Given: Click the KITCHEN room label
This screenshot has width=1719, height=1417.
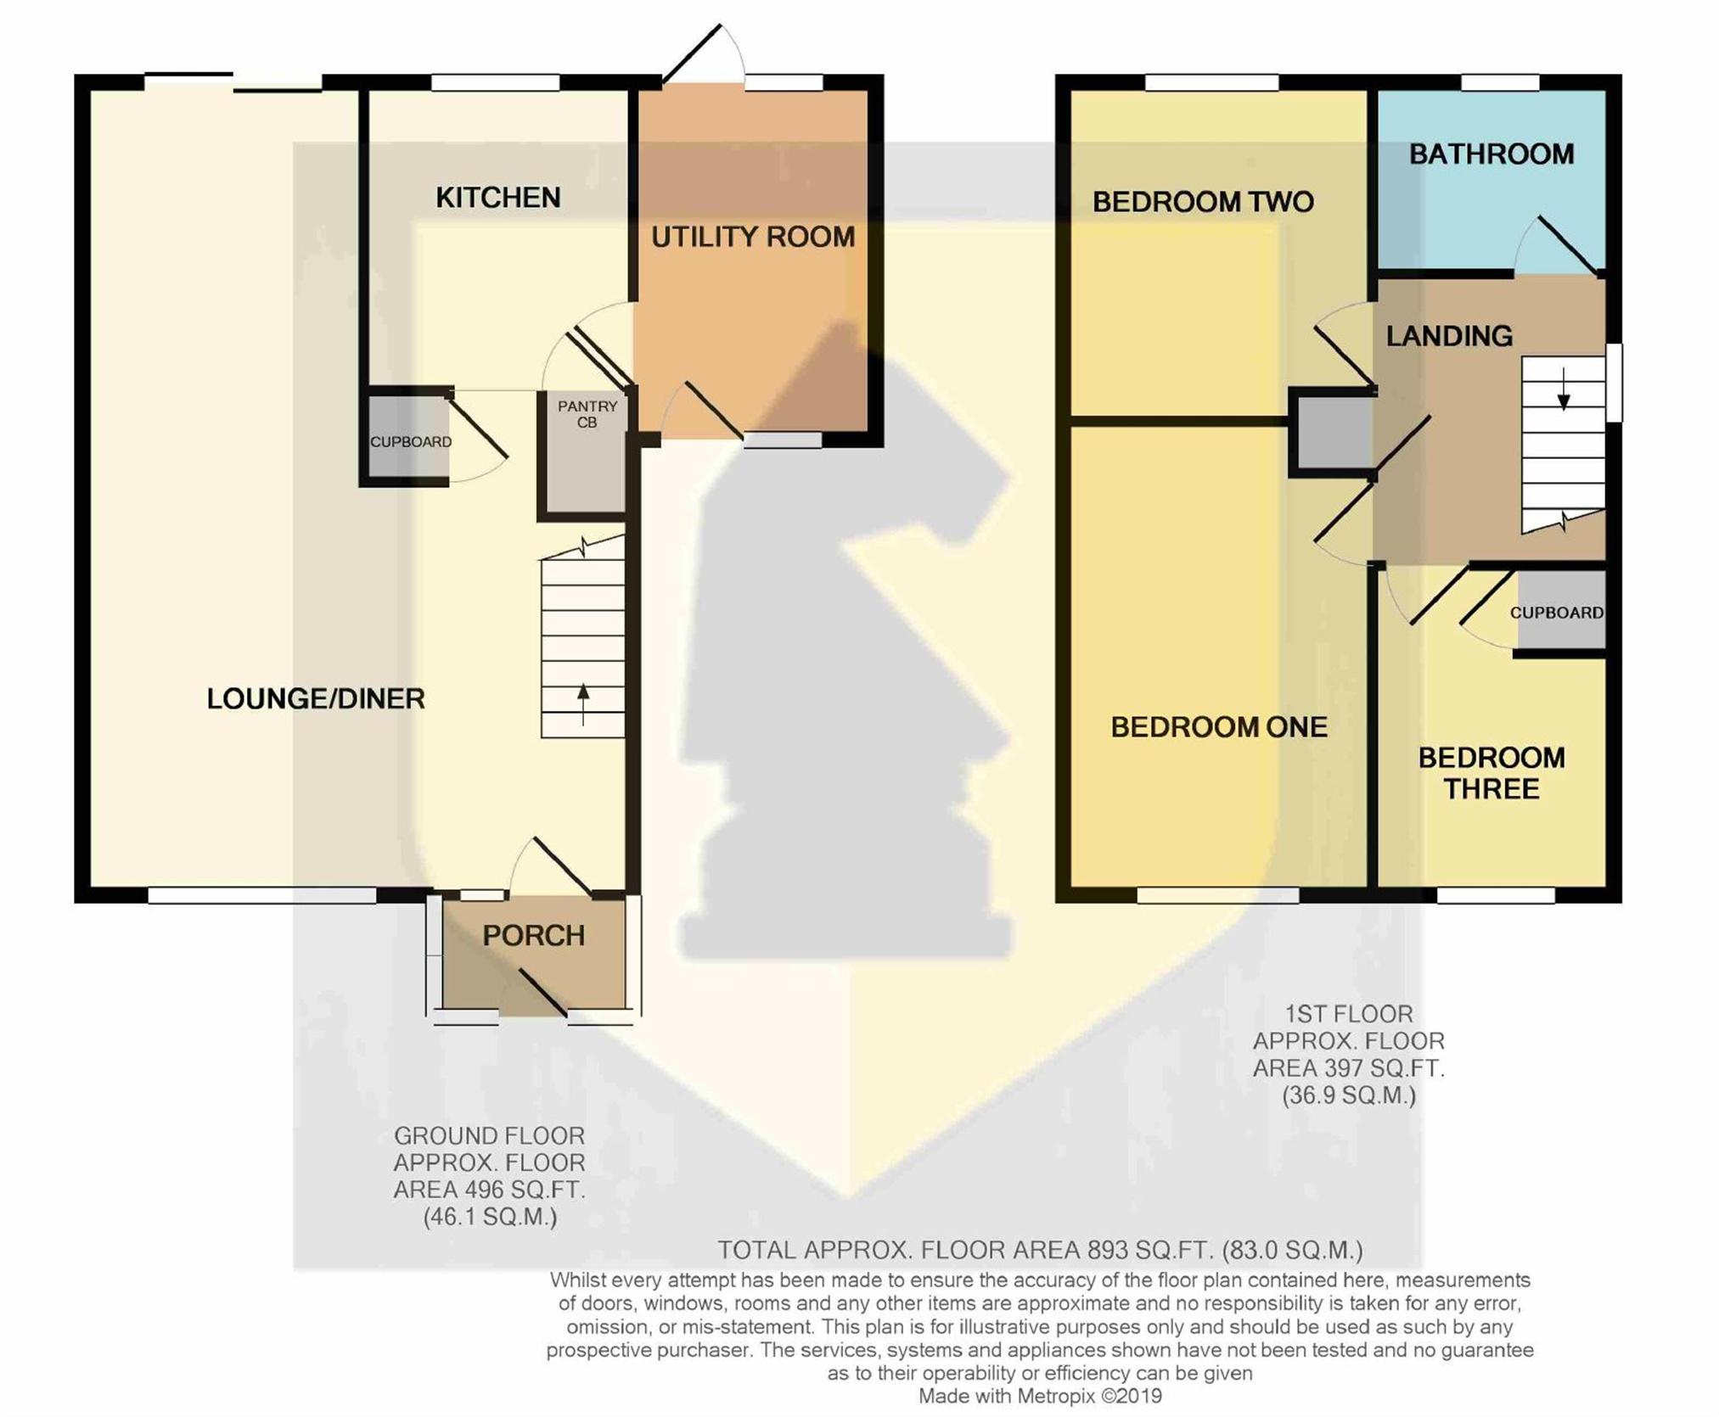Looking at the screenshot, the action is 498,198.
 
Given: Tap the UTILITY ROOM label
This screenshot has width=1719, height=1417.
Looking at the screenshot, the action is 753,237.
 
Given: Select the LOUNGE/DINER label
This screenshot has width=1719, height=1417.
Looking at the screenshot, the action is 316,698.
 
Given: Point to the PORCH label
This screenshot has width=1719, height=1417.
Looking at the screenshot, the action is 534,935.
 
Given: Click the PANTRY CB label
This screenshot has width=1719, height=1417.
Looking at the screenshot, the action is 587,414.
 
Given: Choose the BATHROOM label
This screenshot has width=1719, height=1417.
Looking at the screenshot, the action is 1491,154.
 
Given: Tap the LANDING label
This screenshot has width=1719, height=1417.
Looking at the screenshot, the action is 1449,336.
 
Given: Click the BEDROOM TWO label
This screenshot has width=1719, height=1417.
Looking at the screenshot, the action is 1203,202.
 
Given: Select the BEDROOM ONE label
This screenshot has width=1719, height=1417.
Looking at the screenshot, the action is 1219,727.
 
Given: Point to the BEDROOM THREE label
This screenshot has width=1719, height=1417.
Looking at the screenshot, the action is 1491,773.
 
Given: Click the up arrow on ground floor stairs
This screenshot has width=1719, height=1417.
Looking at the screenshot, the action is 583,704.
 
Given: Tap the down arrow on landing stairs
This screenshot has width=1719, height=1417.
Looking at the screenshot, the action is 1563,389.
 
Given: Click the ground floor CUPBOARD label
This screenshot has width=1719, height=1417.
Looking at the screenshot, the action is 411,441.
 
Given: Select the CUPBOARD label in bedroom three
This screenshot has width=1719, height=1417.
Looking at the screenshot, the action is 1557,613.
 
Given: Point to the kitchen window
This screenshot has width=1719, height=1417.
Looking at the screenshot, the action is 496,82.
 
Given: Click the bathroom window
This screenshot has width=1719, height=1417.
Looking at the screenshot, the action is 1500,82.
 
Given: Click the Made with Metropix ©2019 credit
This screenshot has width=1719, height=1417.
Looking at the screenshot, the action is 1040,1396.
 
